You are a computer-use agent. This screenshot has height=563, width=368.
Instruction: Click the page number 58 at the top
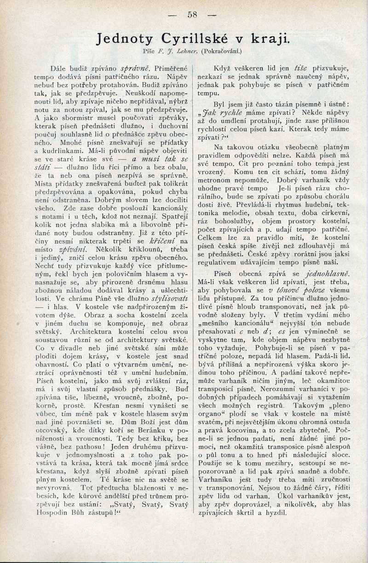pos(192,15)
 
